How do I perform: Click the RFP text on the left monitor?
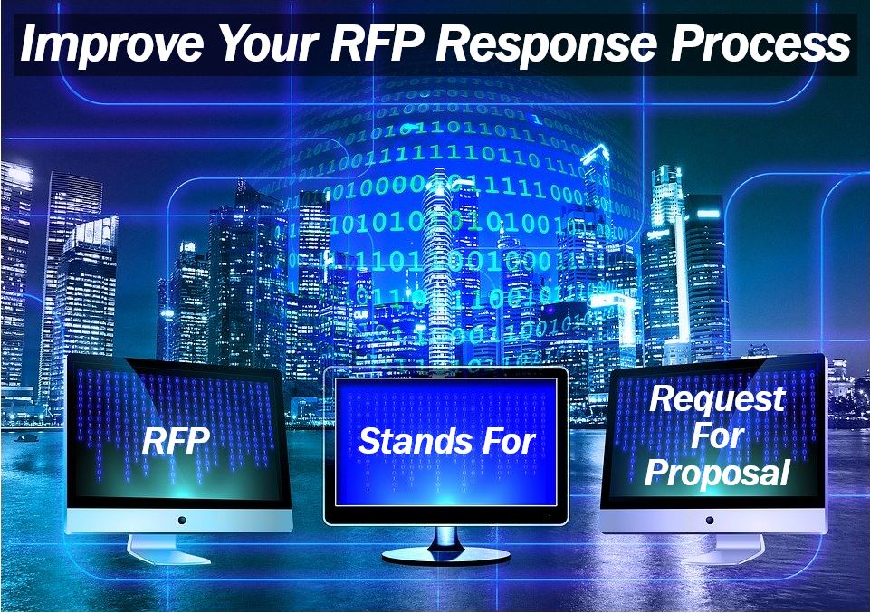click(x=176, y=441)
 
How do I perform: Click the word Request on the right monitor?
click(x=717, y=399)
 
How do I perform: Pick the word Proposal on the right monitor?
click(x=717, y=474)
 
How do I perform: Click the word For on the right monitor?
click(x=717, y=436)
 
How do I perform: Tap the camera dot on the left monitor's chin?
click(x=181, y=521)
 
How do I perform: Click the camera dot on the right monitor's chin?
click(x=710, y=521)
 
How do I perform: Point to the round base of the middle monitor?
click(x=445, y=555)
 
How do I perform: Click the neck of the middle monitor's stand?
click(x=446, y=536)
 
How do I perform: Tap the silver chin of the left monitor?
click(x=179, y=521)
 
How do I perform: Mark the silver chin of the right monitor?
click(x=712, y=521)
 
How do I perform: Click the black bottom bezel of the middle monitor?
click(x=446, y=515)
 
